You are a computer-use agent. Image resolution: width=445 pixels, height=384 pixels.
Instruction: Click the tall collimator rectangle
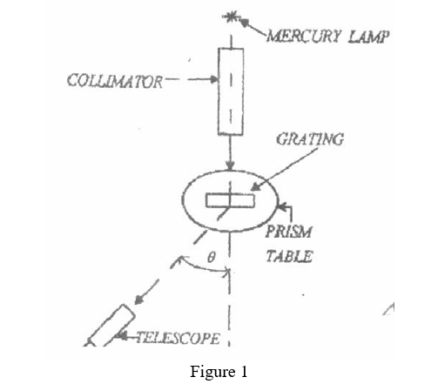point(230,91)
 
